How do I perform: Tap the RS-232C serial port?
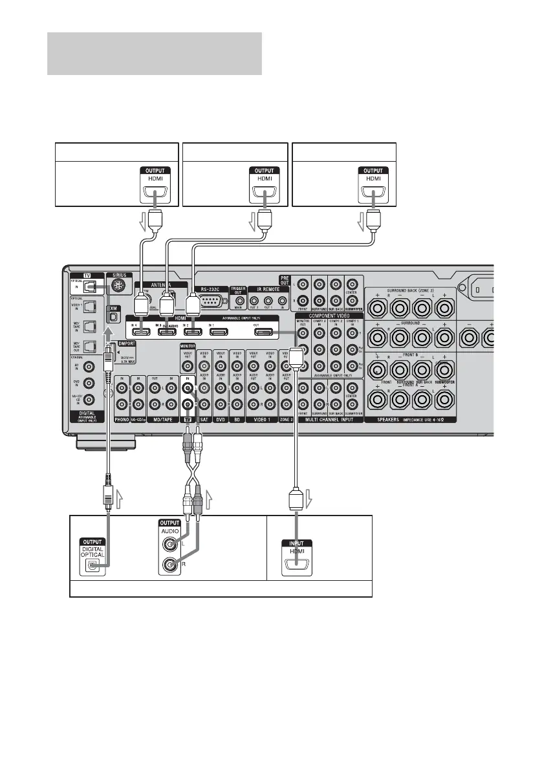coord(211,300)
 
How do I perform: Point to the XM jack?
coord(113,320)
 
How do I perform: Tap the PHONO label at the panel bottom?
coord(121,418)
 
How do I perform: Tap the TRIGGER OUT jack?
coord(240,299)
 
